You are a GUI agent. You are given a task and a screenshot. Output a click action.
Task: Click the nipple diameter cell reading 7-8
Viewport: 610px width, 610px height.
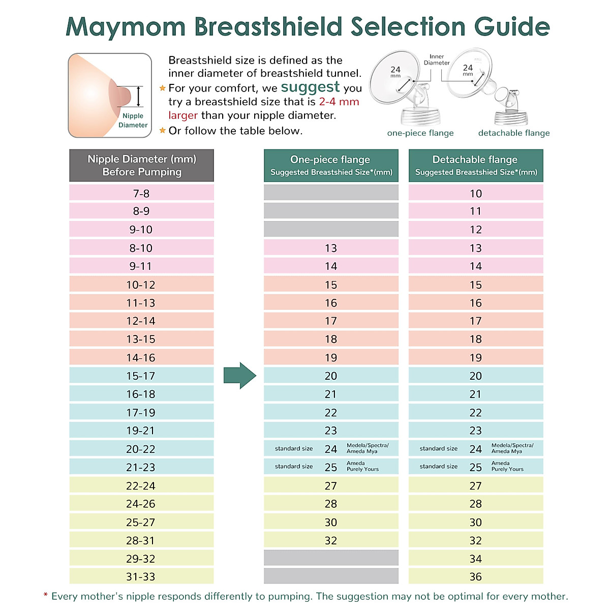[x=141, y=193]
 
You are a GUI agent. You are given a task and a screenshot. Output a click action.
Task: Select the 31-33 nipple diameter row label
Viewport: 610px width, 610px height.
[x=141, y=576]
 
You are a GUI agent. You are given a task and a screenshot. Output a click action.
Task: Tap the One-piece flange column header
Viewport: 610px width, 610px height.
[x=331, y=165]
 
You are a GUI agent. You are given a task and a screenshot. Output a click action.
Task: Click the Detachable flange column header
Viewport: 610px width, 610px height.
[x=476, y=165]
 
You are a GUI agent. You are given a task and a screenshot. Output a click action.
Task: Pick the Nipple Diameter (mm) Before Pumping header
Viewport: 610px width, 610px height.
[x=141, y=165]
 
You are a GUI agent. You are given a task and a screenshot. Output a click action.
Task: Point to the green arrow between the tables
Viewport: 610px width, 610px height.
[x=240, y=376]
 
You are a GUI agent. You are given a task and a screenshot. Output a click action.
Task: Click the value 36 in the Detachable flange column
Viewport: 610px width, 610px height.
[x=476, y=576]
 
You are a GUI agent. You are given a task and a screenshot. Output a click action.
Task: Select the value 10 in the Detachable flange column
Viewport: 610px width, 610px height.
[x=476, y=193]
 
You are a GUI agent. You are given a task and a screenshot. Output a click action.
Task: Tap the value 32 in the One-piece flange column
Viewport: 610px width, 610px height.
[x=331, y=540]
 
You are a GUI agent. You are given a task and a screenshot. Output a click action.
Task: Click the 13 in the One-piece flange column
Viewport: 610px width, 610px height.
[x=331, y=248]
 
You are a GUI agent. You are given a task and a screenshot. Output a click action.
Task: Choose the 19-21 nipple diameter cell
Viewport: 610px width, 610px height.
[x=141, y=431]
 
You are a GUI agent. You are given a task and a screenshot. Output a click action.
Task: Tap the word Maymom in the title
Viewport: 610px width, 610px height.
[x=126, y=26]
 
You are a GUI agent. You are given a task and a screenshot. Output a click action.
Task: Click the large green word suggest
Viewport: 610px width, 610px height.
[x=310, y=87]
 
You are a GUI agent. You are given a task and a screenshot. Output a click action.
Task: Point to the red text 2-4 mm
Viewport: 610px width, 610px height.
[x=339, y=102]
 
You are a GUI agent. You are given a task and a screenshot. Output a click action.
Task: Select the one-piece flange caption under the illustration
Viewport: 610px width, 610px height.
[x=420, y=133]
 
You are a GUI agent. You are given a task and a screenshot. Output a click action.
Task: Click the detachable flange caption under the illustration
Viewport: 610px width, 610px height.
[x=514, y=133]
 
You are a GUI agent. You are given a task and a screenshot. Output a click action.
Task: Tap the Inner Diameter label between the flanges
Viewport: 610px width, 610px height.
[x=437, y=59]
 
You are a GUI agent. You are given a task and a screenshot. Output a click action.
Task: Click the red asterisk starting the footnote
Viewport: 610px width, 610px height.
[x=46, y=595]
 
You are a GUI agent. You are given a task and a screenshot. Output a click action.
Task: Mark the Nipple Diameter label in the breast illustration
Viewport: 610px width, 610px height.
[x=133, y=120]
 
